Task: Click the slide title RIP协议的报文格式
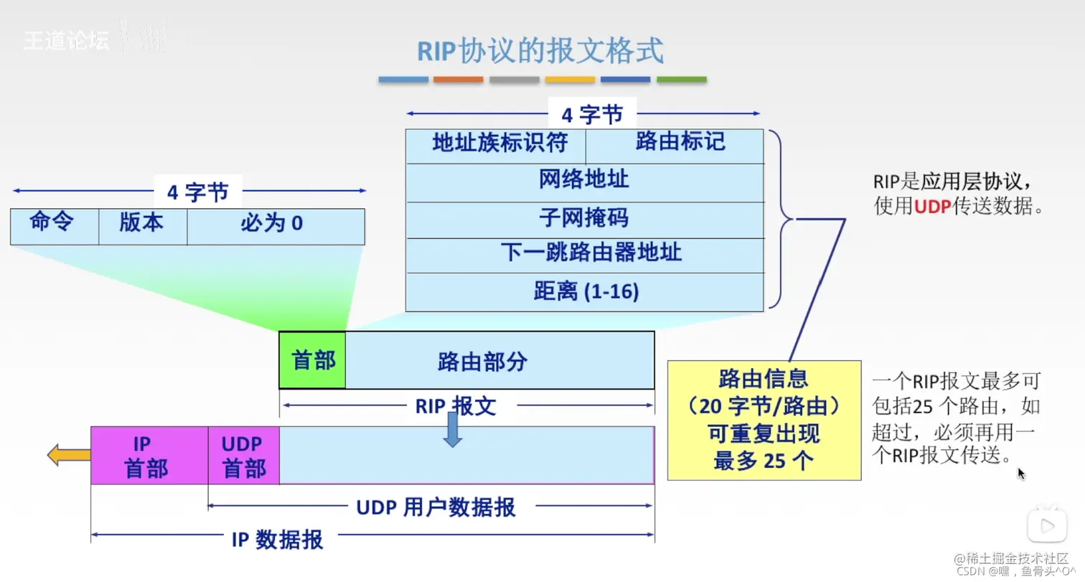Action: [x=540, y=52]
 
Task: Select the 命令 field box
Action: [x=54, y=226]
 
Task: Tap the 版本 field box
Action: [x=142, y=226]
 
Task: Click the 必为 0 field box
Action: [x=275, y=226]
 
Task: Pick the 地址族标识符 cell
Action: [x=496, y=146]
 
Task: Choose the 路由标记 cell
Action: [x=675, y=146]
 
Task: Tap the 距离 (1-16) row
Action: [x=584, y=292]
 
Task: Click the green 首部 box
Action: [x=312, y=360]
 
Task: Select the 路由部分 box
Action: [x=499, y=360]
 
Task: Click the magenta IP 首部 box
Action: [x=149, y=456]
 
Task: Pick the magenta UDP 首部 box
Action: [x=243, y=456]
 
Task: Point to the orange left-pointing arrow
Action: [x=68, y=455]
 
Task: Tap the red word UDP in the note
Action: [x=932, y=207]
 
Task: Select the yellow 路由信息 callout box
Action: [x=764, y=420]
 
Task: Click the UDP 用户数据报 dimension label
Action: [x=436, y=508]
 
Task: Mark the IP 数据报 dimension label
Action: [x=277, y=539]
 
